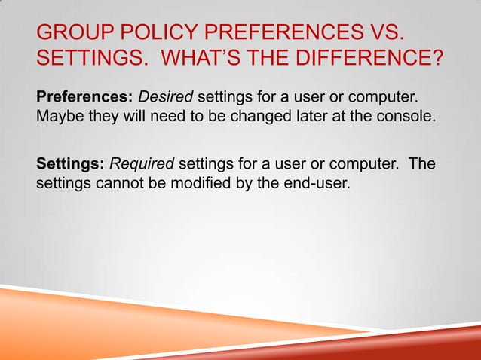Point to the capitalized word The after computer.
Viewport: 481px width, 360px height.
tap(422, 163)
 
